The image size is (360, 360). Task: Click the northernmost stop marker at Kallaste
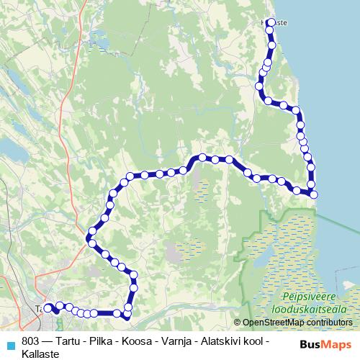[x=271, y=22]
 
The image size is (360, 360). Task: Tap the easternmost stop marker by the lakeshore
[x=313, y=194]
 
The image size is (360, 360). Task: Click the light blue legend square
[x=10, y=343]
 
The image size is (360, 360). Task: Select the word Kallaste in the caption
[x=40, y=354]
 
